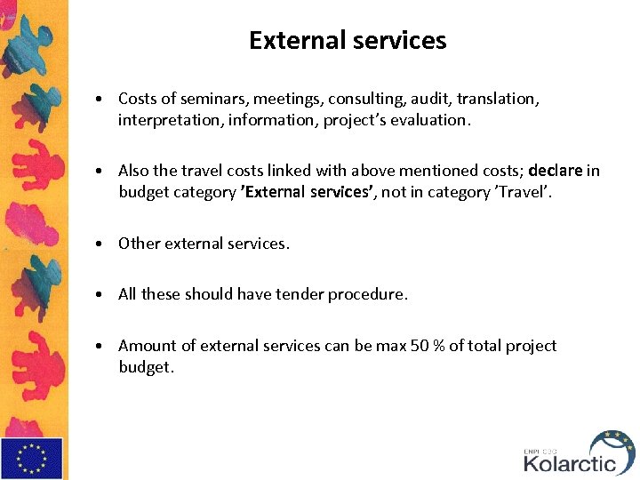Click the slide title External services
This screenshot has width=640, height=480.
click(348, 41)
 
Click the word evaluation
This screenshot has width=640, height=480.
click(428, 119)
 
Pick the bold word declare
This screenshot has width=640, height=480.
click(556, 171)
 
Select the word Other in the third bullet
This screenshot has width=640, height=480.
click(138, 243)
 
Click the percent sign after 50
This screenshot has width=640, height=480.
click(439, 346)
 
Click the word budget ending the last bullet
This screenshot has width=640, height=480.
click(144, 366)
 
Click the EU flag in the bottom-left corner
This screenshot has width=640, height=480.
click(32, 458)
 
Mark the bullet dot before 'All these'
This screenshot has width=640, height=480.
click(102, 294)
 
